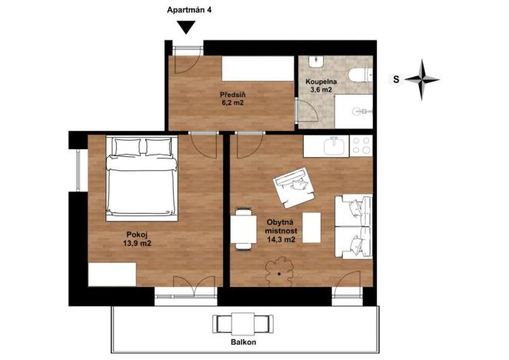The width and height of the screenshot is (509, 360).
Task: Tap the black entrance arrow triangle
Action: tap(185, 27)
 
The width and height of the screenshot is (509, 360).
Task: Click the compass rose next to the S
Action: tap(422, 78)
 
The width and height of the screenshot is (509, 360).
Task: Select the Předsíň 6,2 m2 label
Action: tap(233, 98)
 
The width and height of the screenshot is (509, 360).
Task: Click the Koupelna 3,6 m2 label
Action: tap(319, 85)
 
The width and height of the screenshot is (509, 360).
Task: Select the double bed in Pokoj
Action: tap(142, 175)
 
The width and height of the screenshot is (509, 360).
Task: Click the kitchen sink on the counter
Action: tap(334, 145)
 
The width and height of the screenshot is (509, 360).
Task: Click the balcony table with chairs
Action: tap(244, 322)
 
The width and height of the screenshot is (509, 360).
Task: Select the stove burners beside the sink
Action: tap(361, 145)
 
